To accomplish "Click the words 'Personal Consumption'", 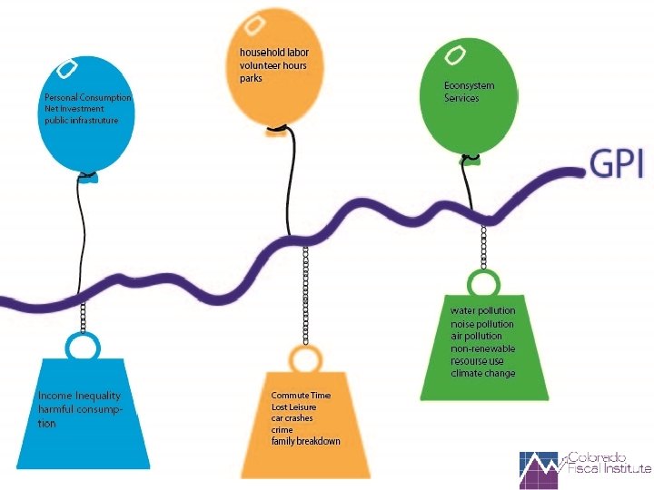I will pyautogui.click(x=88, y=97).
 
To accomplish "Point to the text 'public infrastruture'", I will pyautogui.click(x=82, y=120).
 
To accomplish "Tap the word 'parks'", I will pyautogui.click(x=253, y=79).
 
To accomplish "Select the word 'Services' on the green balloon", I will pyautogui.click(x=461, y=98).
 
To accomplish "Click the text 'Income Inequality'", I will pyautogui.click(x=79, y=396).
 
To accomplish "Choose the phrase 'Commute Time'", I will pyautogui.click(x=301, y=396).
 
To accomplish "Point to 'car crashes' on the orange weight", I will pyautogui.click(x=294, y=418).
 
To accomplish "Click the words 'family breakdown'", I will pyautogui.click(x=306, y=441).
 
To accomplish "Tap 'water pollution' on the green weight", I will pyautogui.click(x=482, y=311).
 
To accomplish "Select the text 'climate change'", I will pyautogui.click(x=483, y=373).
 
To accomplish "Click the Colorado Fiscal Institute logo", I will pyautogui.click(x=585, y=469).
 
